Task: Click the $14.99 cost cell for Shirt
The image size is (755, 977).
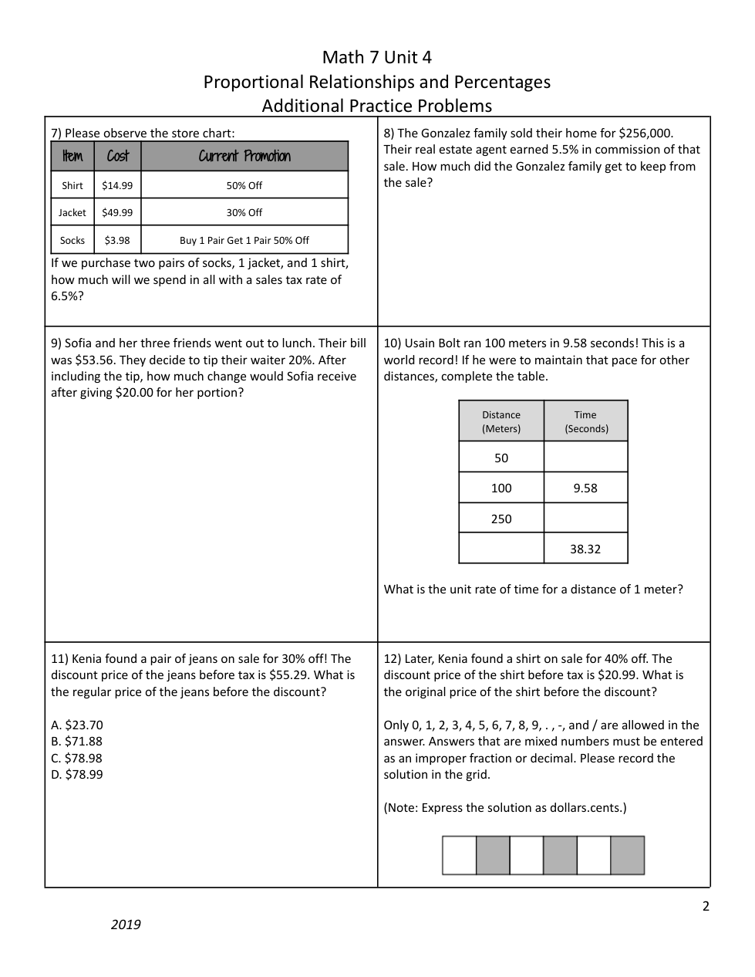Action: [117, 185]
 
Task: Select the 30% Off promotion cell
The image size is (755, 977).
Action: [244, 212]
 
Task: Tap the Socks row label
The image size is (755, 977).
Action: [72, 240]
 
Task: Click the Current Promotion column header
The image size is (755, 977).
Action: [244, 156]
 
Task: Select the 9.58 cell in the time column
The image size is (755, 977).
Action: [585, 488]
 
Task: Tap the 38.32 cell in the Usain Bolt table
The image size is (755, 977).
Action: [585, 549]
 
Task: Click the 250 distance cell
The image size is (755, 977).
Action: [501, 519]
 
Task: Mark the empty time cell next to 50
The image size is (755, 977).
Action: [585, 458]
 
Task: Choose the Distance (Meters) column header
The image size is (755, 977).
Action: [501, 421]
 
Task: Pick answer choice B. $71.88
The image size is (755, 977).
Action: [76, 742]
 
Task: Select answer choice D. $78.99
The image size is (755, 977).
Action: [76, 774]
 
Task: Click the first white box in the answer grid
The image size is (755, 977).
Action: [459, 855]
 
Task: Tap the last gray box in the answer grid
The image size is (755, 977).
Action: [627, 855]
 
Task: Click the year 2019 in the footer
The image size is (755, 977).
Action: [126, 925]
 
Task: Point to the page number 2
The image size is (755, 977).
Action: [706, 906]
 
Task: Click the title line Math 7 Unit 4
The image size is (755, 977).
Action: [376, 57]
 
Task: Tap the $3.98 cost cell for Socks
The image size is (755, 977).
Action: [117, 240]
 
